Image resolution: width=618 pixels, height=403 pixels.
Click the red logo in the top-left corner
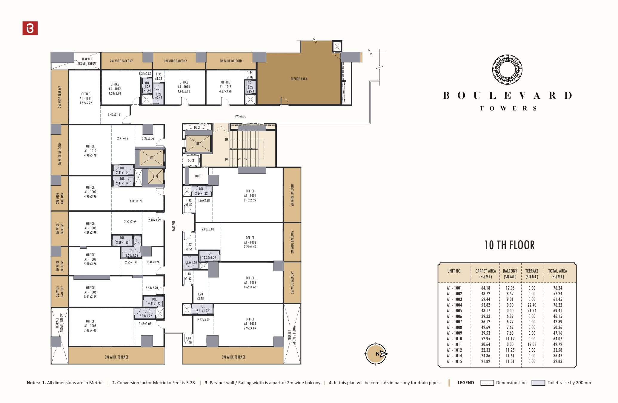pos(30,28)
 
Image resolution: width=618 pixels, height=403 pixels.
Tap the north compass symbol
pos(376,354)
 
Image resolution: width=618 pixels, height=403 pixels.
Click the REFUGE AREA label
pos(299,79)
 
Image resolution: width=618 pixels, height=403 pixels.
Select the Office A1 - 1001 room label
pos(250,196)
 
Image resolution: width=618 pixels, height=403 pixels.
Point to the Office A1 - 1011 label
pos(86,99)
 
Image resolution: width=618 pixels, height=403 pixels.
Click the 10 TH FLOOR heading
pos(509,245)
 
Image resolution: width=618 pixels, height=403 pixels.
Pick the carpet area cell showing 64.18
pos(485,288)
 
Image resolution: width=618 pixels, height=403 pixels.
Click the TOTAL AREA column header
pos(557,273)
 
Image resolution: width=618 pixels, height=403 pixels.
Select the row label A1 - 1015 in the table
pos(454,362)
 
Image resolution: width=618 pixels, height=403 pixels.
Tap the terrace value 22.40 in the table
pos(532,305)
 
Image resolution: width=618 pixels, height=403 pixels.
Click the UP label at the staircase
pos(227,140)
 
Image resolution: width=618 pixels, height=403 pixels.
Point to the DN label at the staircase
pos(227,159)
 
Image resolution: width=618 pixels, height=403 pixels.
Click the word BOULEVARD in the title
pos(508,96)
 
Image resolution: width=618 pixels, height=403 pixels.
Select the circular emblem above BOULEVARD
pos(507,70)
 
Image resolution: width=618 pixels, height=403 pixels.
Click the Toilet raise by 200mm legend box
pos(538,383)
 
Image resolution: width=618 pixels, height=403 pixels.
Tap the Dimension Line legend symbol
pos(487,383)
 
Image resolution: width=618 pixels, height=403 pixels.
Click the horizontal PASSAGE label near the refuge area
pos(240,116)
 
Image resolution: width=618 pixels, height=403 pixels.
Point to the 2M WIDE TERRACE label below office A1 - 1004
pos(233,357)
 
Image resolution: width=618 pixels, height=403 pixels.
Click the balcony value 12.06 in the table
pos(510,288)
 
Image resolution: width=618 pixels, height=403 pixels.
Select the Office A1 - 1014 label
pos(184,87)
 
